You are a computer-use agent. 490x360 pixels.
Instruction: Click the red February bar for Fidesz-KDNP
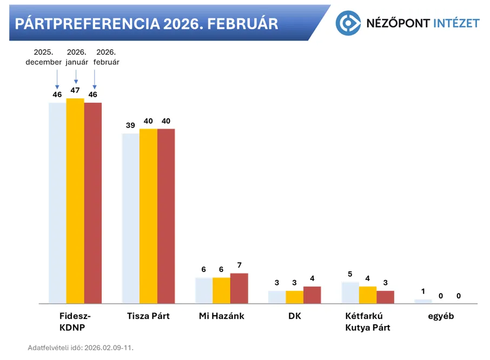[x=93, y=203]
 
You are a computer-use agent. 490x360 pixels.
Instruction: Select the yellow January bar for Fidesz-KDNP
[x=75, y=201]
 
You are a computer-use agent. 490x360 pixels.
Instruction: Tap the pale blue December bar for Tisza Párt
[x=130, y=218]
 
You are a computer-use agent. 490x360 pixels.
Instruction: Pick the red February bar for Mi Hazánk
[x=239, y=289]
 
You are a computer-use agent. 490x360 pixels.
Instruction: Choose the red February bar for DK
[x=312, y=295]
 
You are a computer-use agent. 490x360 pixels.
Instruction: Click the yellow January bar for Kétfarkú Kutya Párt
[x=368, y=295]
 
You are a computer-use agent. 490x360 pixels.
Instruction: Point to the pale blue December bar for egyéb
[x=423, y=302]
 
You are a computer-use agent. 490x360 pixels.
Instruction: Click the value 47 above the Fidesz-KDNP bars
[x=75, y=90]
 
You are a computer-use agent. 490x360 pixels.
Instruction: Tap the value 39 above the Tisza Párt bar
[x=130, y=125]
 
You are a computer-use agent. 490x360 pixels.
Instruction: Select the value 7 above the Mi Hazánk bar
[x=239, y=265]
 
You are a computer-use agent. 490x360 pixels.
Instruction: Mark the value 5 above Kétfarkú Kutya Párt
[x=350, y=274]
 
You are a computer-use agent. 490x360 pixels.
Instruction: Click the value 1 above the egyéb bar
[x=423, y=291]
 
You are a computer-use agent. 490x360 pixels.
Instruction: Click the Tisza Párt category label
[x=148, y=316]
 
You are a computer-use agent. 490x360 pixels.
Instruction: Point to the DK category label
[x=295, y=316]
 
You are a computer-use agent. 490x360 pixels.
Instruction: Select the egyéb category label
[x=441, y=316]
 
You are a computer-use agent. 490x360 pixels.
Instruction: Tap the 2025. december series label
[x=43, y=57]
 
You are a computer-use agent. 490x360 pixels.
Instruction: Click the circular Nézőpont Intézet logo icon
[x=348, y=23]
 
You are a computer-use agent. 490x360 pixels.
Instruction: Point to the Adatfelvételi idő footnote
[x=81, y=348]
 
